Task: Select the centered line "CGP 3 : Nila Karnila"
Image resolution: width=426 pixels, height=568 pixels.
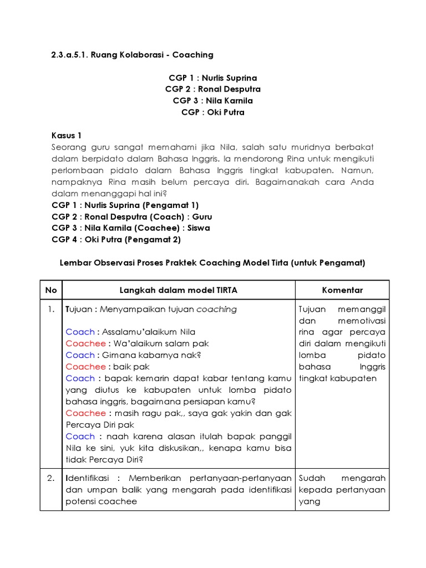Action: point(213,100)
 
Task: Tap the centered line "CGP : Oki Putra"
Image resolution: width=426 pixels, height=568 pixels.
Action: point(213,112)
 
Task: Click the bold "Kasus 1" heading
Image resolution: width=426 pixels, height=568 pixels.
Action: point(67,135)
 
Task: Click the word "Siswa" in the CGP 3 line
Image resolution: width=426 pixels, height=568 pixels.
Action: point(199,228)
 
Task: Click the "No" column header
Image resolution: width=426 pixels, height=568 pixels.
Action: point(51,290)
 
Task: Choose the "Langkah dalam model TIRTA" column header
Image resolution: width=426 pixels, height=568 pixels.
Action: point(178,290)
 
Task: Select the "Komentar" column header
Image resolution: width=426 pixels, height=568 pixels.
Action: point(342,290)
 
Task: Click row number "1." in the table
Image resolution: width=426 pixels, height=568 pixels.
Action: point(51,309)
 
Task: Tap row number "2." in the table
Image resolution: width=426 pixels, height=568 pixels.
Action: point(51,478)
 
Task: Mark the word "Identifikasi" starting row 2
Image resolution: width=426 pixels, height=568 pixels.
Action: point(88,478)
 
